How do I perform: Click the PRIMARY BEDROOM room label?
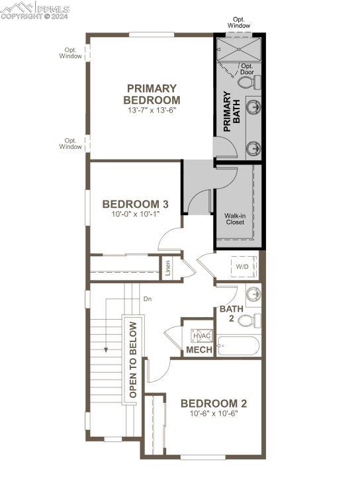(x=152, y=94)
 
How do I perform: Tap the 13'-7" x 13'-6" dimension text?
(x=152, y=111)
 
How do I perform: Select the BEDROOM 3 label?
(x=136, y=204)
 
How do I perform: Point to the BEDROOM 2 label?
(x=214, y=404)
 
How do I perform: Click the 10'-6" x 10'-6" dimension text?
(x=214, y=414)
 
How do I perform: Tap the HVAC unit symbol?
(x=201, y=336)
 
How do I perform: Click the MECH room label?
(x=199, y=350)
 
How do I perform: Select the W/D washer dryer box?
(x=244, y=266)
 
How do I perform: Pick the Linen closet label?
(x=167, y=269)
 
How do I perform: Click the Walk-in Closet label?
(x=235, y=219)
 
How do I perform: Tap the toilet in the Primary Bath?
(x=249, y=83)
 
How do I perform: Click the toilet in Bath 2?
(x=249, y=321)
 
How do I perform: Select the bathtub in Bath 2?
(x=238, y=345)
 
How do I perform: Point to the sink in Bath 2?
(x=253, y=294)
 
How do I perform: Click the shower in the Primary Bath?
(x=239, y=49)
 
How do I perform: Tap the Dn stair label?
(x=148, y=299)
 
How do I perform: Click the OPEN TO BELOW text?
(x=133, y=359)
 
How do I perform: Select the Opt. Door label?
(x=247, y=69)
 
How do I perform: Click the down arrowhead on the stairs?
(x=106, y=349)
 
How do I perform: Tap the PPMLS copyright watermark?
(x=34, y=10)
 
